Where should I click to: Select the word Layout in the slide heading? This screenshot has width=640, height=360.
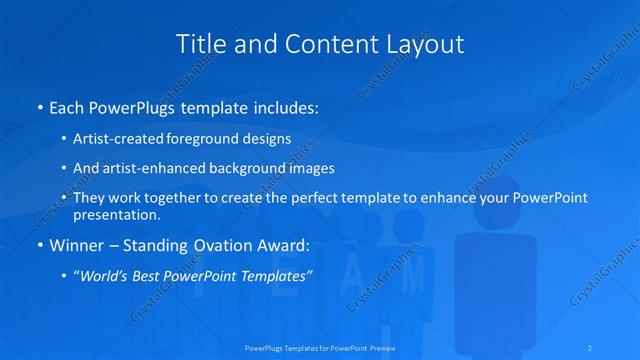coord(425,44)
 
